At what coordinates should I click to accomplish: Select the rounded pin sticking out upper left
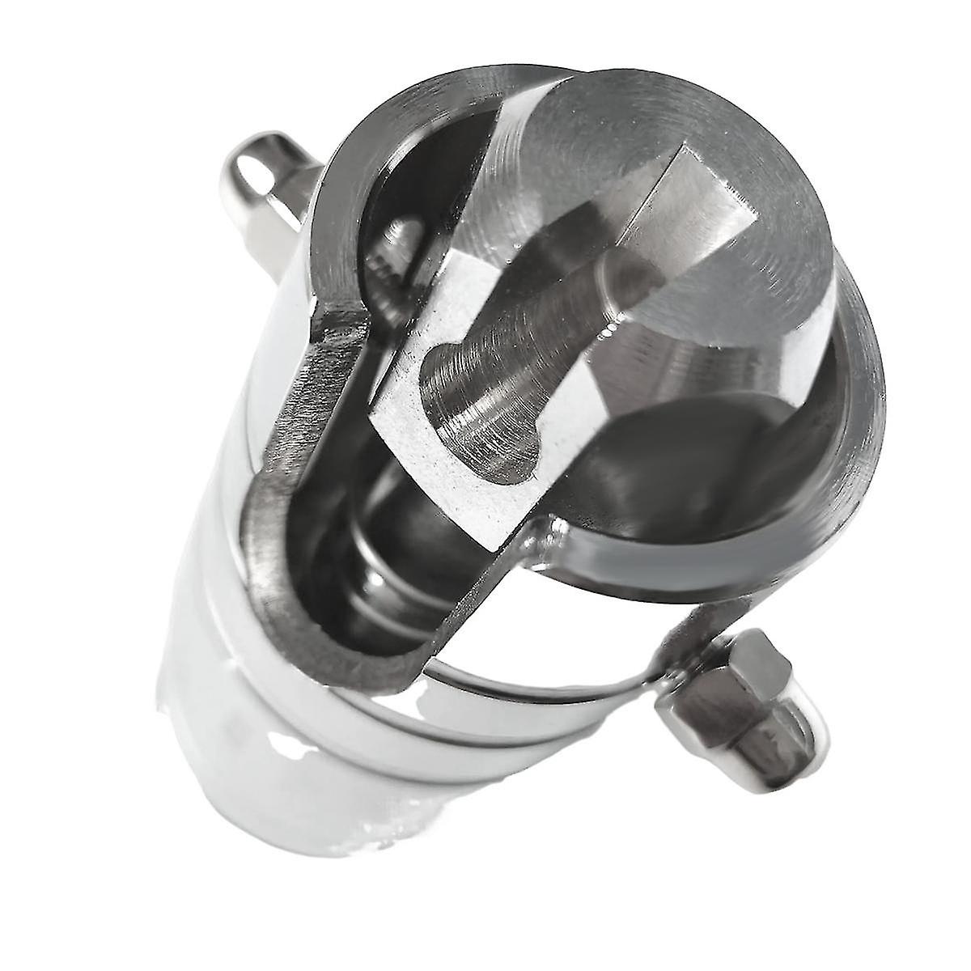259,174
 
